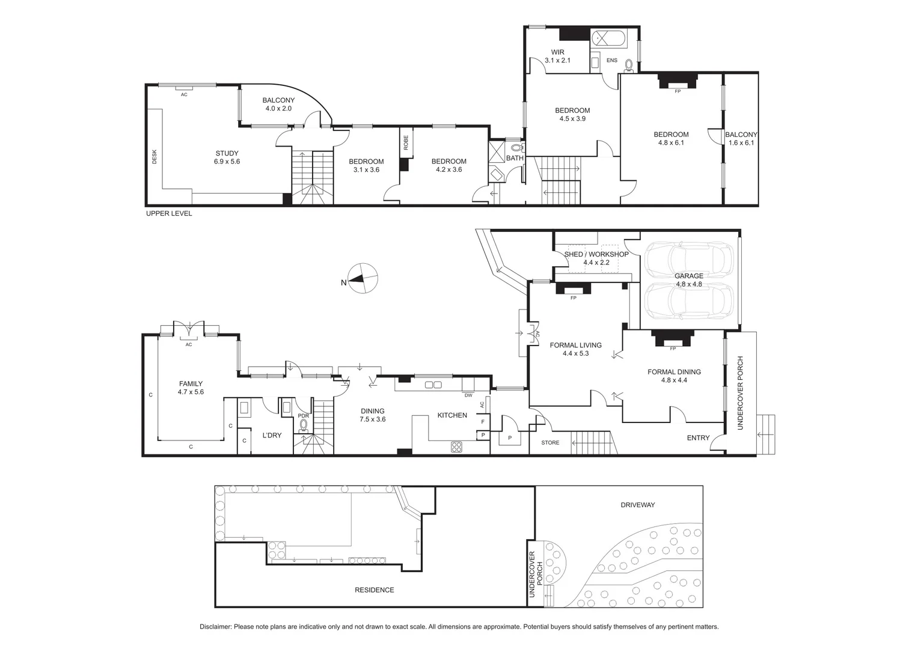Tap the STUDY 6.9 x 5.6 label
pos(227,157)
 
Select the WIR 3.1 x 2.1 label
pos(557,56)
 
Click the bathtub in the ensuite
pos(608,39)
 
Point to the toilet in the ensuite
pos(629,64)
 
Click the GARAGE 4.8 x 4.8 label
pos(688,280)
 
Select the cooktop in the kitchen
pos(456,446)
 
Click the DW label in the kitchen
pos(468,395)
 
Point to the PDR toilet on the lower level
pos(304,425)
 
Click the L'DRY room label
pos(272,435)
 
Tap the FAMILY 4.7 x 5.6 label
pos(191,388)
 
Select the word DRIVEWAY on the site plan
pos(637,505)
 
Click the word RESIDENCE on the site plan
pos(374,590)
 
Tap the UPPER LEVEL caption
pos(169,213)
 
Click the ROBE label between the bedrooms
pos(406,142)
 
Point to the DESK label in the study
pos(154,157)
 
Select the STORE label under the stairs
pos(549,443)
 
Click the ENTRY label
pos(698,438)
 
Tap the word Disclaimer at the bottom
pos(215,627)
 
